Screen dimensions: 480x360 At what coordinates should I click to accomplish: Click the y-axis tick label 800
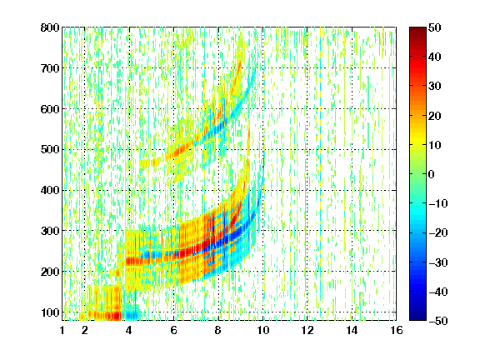tap(50, 27)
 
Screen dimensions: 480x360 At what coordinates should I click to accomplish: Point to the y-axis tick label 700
tap(50, 68)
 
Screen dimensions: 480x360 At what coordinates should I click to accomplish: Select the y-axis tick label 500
tap(50, 150)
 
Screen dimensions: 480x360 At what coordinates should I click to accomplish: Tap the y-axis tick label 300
tap(50, 231)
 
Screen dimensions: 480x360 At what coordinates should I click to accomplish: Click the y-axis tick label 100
tap(50, 312)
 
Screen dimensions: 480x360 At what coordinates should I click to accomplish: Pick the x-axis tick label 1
tap(62, 330)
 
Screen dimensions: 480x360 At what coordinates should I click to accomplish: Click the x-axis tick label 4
tap(129, 330)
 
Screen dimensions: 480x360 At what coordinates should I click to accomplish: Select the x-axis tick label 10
tap(262, 330)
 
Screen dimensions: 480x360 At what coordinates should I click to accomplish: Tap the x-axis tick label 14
tap(352, 330)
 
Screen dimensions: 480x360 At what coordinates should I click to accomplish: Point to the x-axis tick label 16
tap(397, 330)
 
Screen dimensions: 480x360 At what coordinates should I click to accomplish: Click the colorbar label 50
tap(435, 27)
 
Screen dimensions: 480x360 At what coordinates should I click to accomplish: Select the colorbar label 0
tap(432, 174)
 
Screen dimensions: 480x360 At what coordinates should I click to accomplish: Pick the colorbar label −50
tap(438, 321)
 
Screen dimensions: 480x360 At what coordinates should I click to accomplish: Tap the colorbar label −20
tap(438, 233)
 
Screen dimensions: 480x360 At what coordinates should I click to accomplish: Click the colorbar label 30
tap(435, 87)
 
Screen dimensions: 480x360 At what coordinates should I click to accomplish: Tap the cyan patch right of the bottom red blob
tap(132, 315)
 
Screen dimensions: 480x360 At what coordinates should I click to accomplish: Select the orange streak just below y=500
tap(179, 151)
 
